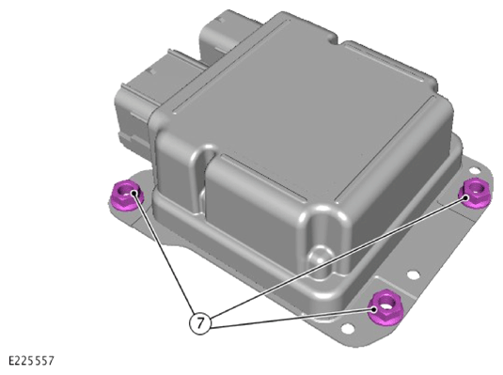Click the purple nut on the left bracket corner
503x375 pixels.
pyautogui.click(x=126, y=195)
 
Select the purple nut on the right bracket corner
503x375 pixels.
pyautogui.click(x=474, y=193)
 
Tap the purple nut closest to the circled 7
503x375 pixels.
pyautogui.click(x=385, y=307)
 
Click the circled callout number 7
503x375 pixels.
pyautogui.click(x=200, y=322)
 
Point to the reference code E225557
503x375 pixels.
pyautogui.click(x=31, y=361)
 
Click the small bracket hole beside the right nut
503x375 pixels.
pyautogui.click(x=474, y=171)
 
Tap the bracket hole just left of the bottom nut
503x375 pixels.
pyautogui.click(x=348, y=328)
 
